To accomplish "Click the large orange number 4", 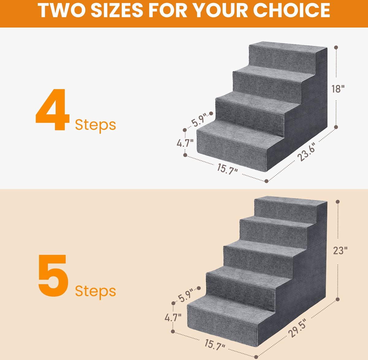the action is pyautogui.click(x=52, y=110).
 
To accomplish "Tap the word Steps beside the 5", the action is pyautogui.click(x=95, y=292).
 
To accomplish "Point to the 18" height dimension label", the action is pyautogui.click(x=338, y=89).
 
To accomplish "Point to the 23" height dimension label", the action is pyautogui.click(x=340, y=250).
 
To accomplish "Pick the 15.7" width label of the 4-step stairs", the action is pyautogui.click(x=227, y=169).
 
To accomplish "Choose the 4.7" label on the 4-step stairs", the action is pyautogui.click(x=185, y=143).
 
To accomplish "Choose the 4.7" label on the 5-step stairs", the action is pyautogui.click(x=173, y=317).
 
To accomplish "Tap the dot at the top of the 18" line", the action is pyautogui.click(x=336, y=47).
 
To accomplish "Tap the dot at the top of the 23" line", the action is pyautogui.click(x=338, y=202).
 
